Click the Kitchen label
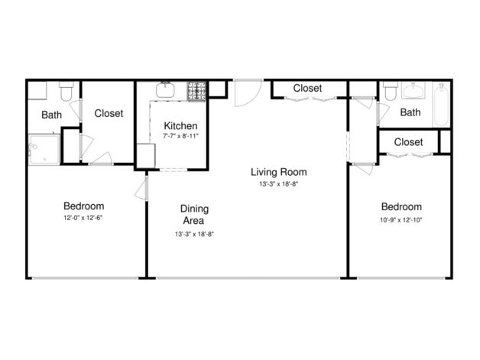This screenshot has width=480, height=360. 181,125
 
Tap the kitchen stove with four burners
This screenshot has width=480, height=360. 197,90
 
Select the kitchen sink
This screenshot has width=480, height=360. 164,89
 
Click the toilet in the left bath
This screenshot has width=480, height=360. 66,92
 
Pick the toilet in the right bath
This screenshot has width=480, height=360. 391,93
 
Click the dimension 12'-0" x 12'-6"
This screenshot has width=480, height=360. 83,218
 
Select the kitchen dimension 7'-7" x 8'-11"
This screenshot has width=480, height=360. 181,136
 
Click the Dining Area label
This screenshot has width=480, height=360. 194,215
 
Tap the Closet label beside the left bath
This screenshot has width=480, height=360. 109,113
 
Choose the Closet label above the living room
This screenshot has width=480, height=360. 307,88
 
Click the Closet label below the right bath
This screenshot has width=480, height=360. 408,142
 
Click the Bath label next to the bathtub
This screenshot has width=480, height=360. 410,113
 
